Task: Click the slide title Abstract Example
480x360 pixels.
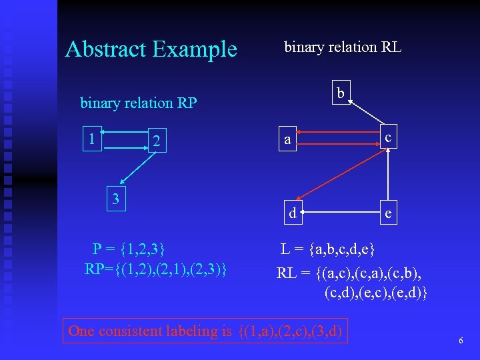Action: [151, 49]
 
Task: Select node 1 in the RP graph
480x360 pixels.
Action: [91, 139]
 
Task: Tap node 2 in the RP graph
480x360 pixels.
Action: [155, 141]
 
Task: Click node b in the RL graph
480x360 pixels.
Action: [341, 94]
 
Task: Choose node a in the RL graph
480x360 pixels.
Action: [287, 140]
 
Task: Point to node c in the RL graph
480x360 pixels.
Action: [388, 138]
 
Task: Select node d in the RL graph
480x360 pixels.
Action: [292, 213]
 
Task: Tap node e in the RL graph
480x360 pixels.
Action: [389, 213]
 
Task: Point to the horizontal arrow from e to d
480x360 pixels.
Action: [340, 213]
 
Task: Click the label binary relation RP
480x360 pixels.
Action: [139, 103]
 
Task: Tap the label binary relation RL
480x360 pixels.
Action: [343, 47]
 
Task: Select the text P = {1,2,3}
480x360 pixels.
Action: [129, 249]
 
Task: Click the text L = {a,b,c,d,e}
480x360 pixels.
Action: [328, 249]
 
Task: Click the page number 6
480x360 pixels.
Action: [460, 341]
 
